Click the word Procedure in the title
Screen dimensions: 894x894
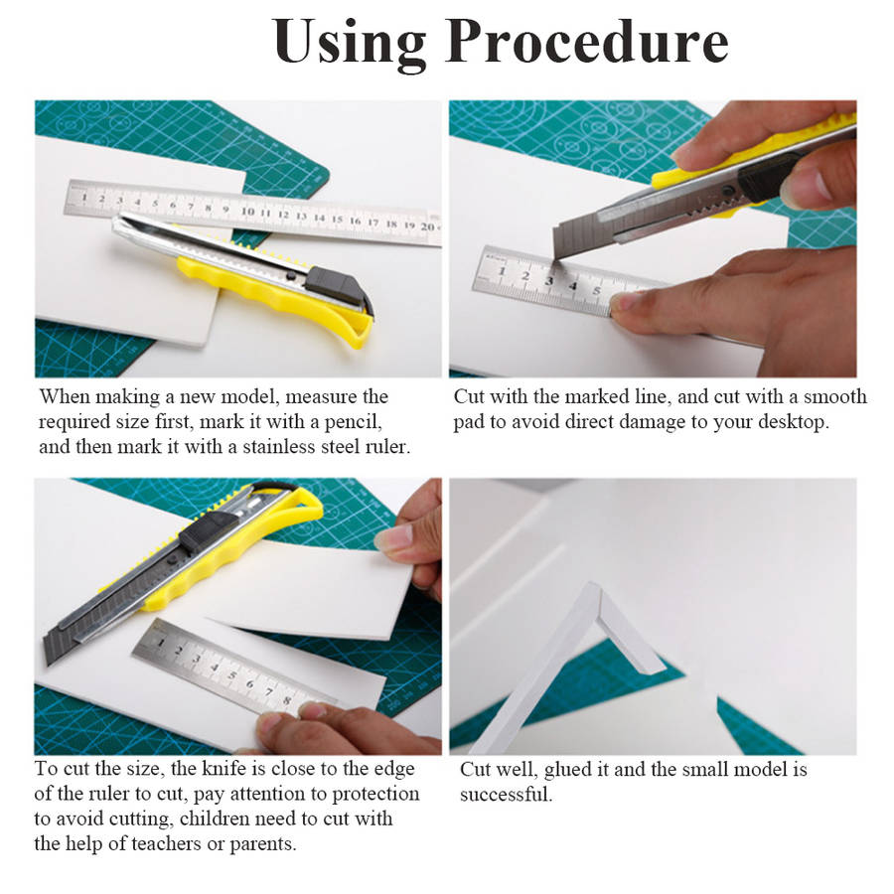click(587, 42)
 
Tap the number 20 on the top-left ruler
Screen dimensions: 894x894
click(427, 226)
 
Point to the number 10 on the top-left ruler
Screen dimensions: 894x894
click(247, 211)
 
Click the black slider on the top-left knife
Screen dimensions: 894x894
click(337, 284)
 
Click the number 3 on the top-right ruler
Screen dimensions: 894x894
click(548, 280)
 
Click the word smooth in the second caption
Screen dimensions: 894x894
click(834, 396)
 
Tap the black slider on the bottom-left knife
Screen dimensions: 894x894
click(209, 530)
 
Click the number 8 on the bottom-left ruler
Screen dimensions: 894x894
click(287, 700)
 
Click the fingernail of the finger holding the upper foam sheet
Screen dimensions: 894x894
click(393, 537)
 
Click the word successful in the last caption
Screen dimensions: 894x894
click(507, 795)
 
